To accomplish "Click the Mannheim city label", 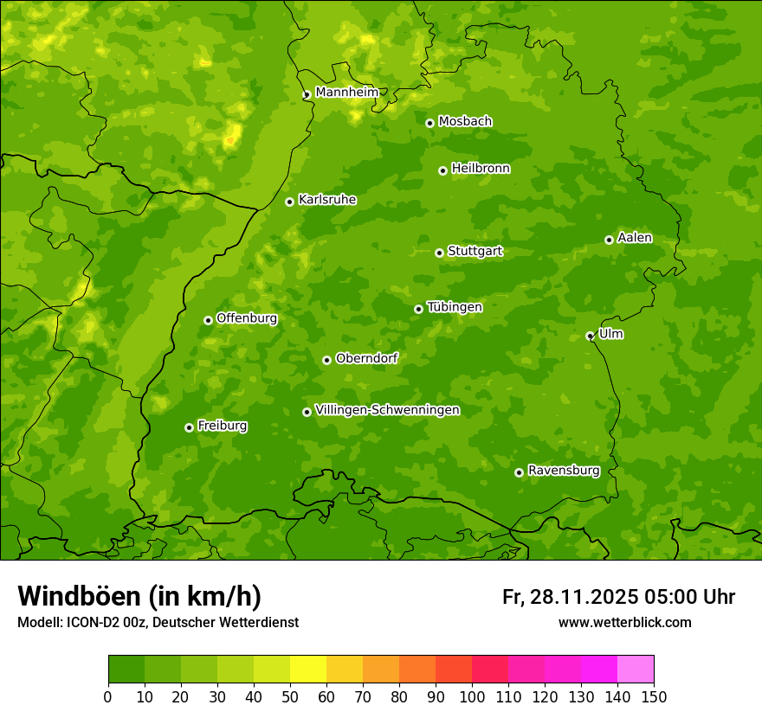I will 346,92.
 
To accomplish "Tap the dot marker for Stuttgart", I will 439,253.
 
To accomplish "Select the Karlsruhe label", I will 326,200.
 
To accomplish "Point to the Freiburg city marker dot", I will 189,427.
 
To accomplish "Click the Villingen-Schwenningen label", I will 387,410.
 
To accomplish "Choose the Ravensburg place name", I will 563,471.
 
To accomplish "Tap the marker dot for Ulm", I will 590,336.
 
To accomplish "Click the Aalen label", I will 634,238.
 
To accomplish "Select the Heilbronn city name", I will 480,169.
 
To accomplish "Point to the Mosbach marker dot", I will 429,123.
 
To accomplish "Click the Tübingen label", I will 454,307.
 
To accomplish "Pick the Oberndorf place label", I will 366,358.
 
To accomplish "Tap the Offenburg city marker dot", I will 208,320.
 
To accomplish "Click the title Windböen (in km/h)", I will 139,596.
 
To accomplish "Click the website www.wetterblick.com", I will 624,622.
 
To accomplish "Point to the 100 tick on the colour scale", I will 472,696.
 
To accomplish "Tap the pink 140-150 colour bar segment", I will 636,670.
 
